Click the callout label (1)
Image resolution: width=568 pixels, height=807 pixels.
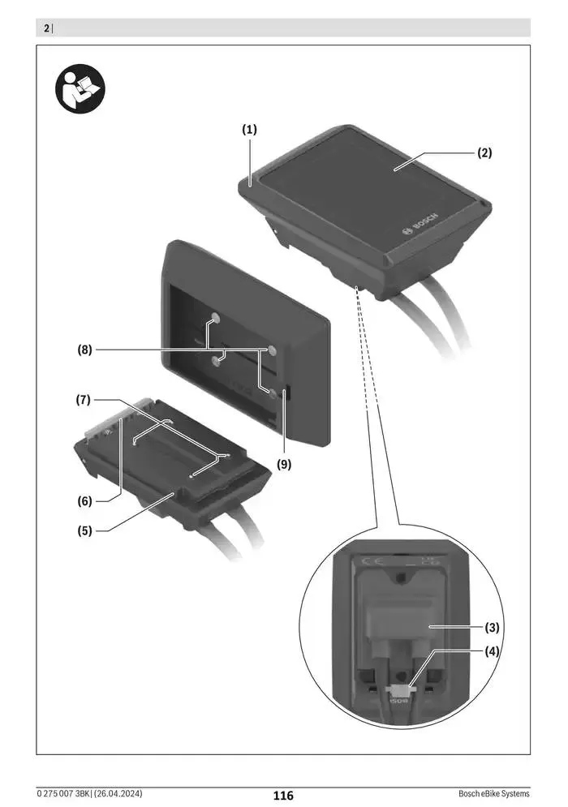click(x=248, y=129)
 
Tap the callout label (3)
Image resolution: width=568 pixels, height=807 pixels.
click(x=492, y=627)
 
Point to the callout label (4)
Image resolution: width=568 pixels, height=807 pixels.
click(x=492, y=650)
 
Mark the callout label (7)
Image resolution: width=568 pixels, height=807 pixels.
click(x=84, y=400)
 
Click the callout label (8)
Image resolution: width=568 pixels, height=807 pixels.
click(x=84, y=350)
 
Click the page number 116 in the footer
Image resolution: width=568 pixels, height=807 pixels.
click(x=283, y=796)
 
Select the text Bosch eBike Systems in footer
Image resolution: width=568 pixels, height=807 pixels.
click(x=493, y=793)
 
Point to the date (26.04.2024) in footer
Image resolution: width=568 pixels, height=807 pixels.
click(x=123, y=793)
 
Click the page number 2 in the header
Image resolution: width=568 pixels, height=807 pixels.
click(x=45, y=29)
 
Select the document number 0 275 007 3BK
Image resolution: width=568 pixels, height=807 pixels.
click(x=66, y=793)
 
